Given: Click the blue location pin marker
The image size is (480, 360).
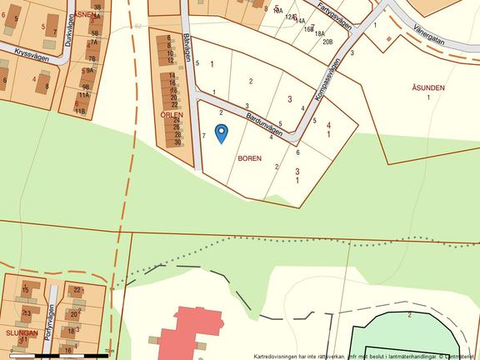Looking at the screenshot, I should point(221,132).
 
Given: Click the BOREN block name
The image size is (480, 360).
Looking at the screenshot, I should point(249,157).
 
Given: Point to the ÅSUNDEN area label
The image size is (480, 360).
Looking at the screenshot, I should point(428,87).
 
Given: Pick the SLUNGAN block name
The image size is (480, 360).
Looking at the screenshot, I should point(22,331).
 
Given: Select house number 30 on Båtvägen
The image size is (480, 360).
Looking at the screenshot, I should point(177,142).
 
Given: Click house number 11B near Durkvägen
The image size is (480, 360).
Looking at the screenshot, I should point(80,109).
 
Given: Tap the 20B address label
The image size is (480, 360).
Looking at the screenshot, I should point(327,41).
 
